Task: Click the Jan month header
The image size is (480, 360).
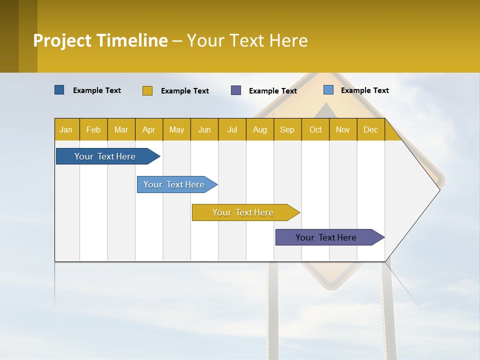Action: pos(66,130)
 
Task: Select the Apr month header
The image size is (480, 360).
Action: pos(148,130)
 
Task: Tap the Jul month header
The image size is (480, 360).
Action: pos(232,130)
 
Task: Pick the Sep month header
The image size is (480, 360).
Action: pos(287,130)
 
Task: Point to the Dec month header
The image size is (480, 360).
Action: pos(370,130)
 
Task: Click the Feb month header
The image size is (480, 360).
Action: pos(93,130)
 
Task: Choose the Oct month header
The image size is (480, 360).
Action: pos(315,130)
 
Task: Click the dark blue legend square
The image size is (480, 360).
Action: pos(59,90)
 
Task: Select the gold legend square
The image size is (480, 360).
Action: pos(147,90)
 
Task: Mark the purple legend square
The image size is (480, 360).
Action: pos(236,90)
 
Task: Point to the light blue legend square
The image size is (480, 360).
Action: pos(328,90)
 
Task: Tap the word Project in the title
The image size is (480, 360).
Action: pos(61,40)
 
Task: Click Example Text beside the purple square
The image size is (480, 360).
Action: pos(272,91)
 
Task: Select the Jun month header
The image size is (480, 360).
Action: pos(204,130)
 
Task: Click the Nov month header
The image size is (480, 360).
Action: pos(343,130)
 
